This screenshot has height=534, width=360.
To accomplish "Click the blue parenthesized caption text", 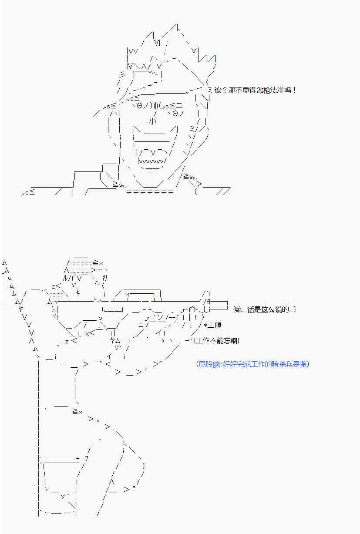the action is [x=252, y=364].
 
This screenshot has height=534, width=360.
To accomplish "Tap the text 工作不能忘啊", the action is [x=216, y=341].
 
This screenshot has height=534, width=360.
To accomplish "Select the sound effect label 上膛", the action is [x=214, y=325].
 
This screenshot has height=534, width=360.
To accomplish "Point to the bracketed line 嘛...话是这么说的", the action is [x=265, y=310].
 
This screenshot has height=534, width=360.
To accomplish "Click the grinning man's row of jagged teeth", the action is [x=151, y=161].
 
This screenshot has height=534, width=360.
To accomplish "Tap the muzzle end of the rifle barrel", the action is [x=227, y=306].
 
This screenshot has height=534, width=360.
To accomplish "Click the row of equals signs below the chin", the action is [x=150, y=191].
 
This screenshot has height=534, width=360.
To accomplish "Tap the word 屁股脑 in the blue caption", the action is [x=209, y=364].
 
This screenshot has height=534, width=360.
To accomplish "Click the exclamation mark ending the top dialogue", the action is [x=294, y=91].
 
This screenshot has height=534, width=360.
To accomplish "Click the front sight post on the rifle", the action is [x=206, y=294].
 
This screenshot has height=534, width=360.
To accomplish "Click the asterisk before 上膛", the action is [x=206, y=325].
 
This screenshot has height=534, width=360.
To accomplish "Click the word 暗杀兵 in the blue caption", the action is [x=275, y=364].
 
